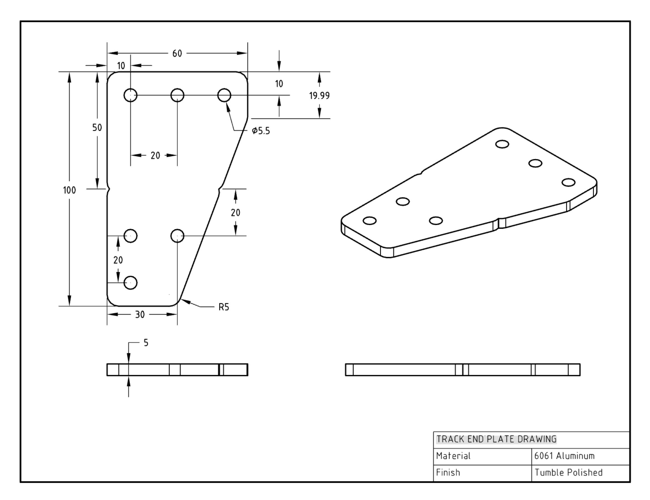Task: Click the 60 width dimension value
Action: [x=177, y=53]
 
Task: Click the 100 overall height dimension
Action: [x=69, y=190]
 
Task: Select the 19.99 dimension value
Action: [x=319, y=96]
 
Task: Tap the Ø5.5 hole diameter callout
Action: [x=261, y=131]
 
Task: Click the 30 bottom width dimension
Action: [x=140, y=315]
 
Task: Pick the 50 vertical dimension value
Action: [x=97, y=128]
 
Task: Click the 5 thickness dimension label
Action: [x=146, y=343]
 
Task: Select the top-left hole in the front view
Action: [x=130, y=95]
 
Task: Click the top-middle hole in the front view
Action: [x=177, y=95]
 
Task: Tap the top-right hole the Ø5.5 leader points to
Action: [x=224, y=95]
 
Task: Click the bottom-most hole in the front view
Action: [x=130, y=282]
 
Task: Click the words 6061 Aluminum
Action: [x=564, y=456]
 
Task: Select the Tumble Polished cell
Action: [x=569, y=473]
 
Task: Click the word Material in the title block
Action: [x=453, y=456]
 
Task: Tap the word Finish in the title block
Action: [x=448, y=473]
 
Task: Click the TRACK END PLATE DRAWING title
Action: [x=496, y=439]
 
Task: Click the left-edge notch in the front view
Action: [x=109, y=189]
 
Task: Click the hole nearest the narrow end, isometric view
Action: [x=370, y=221]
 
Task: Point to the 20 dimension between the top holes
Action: [x=155, y=155]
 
